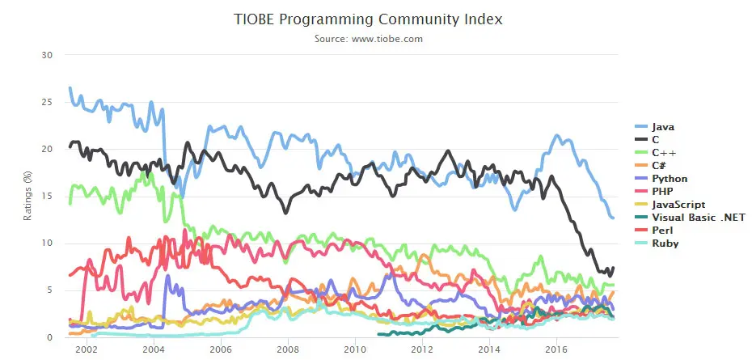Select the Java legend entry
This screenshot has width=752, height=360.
coord(662,127)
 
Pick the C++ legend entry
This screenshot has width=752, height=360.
coord(665,152)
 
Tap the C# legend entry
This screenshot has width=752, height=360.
coord(662,165)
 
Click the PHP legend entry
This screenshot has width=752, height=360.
coord(662,191)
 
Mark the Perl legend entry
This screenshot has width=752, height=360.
coord(662,231)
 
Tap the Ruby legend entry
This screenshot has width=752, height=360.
coord(664,244)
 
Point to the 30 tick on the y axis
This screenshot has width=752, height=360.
coord(47,55)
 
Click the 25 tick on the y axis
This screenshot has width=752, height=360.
coord(47,102)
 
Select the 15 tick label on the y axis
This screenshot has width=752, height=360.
coord(47,197)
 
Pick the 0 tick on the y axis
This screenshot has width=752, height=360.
coord(49,337)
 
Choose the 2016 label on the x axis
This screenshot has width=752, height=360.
coord(556,349)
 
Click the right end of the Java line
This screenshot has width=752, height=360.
coord(613,218)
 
